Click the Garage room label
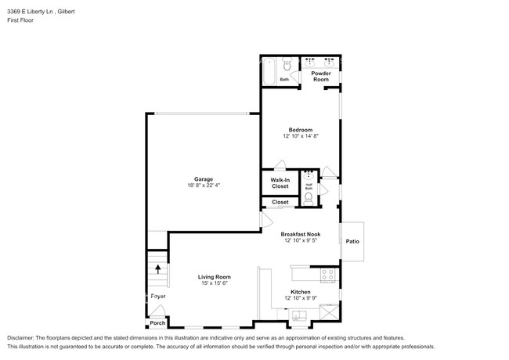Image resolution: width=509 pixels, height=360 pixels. click(x=204, y=178)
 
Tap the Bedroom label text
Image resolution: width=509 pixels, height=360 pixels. click(x=301, y=130)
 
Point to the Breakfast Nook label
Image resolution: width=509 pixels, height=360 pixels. click(x=301, y=234)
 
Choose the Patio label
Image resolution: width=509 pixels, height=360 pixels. click(x=352, y=241)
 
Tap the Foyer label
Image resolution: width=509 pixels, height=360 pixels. click(x=158, y=297)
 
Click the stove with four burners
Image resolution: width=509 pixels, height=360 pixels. click(x=327, y=275)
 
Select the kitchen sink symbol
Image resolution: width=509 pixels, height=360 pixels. click(x=300, y=315)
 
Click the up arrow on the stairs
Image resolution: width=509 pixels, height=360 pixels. click(x=158, y=269)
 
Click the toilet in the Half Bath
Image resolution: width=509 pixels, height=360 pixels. click(x=309, y=198)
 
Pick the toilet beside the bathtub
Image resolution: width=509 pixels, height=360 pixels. click(x=287, y=63)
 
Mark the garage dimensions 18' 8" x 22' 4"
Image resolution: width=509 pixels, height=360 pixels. click(x=204, y=185)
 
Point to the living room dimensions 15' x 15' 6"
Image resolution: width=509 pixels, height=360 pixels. click(x=214, y=283)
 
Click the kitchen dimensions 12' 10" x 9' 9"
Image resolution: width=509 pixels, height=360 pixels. click(x=301, y=298)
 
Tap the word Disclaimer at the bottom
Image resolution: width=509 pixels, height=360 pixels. click(x=22, y=334)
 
